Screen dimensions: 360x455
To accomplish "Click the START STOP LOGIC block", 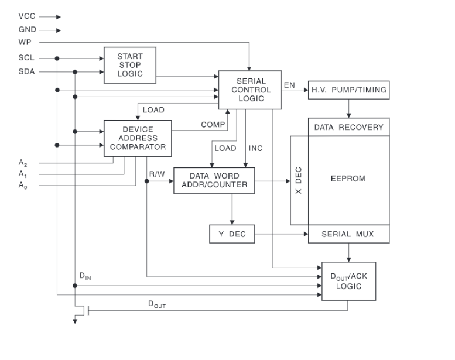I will point(129,65).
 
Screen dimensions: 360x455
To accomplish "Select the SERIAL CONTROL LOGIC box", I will point(250,90).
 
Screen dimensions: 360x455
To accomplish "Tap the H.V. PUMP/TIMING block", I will point(348,90).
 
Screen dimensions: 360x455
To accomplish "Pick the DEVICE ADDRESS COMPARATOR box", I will point(138,138).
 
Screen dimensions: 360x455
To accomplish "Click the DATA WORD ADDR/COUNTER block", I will point(214,181).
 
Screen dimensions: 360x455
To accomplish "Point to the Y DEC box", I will point(232,234).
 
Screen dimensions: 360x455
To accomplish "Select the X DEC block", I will point(299,181).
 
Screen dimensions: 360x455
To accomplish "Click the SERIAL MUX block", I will point(348,234).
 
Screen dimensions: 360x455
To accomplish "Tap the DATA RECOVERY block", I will point(348,127).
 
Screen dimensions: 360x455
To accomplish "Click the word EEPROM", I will point(348,179).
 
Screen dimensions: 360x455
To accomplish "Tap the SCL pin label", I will point(26,58).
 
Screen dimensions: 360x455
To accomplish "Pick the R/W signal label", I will point(158,173).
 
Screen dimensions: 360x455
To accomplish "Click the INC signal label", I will point(256,148).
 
